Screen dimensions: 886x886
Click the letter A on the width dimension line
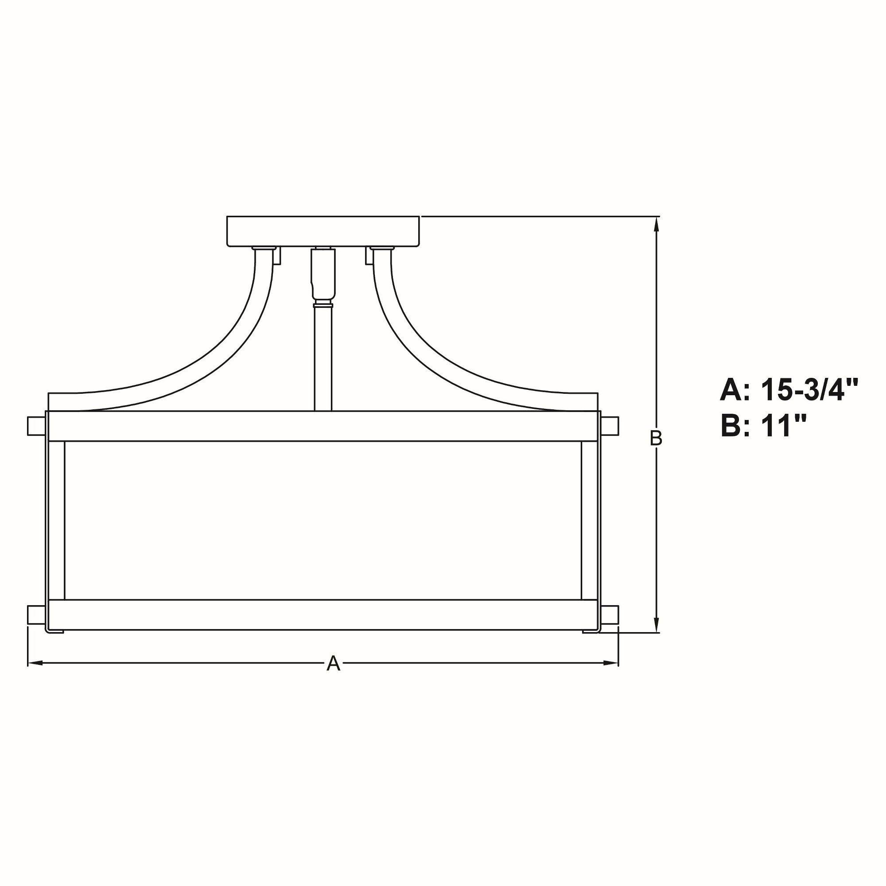[334, 663]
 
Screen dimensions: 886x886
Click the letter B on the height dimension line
[656, 439]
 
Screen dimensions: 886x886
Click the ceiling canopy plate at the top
[323, 231]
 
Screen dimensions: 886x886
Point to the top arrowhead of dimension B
[657, 225]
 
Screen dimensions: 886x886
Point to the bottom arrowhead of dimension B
[657, 624]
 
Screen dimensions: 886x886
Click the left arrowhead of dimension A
[36, 663]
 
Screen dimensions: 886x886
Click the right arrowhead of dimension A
[610, 663]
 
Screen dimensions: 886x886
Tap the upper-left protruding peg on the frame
[37, 426]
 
